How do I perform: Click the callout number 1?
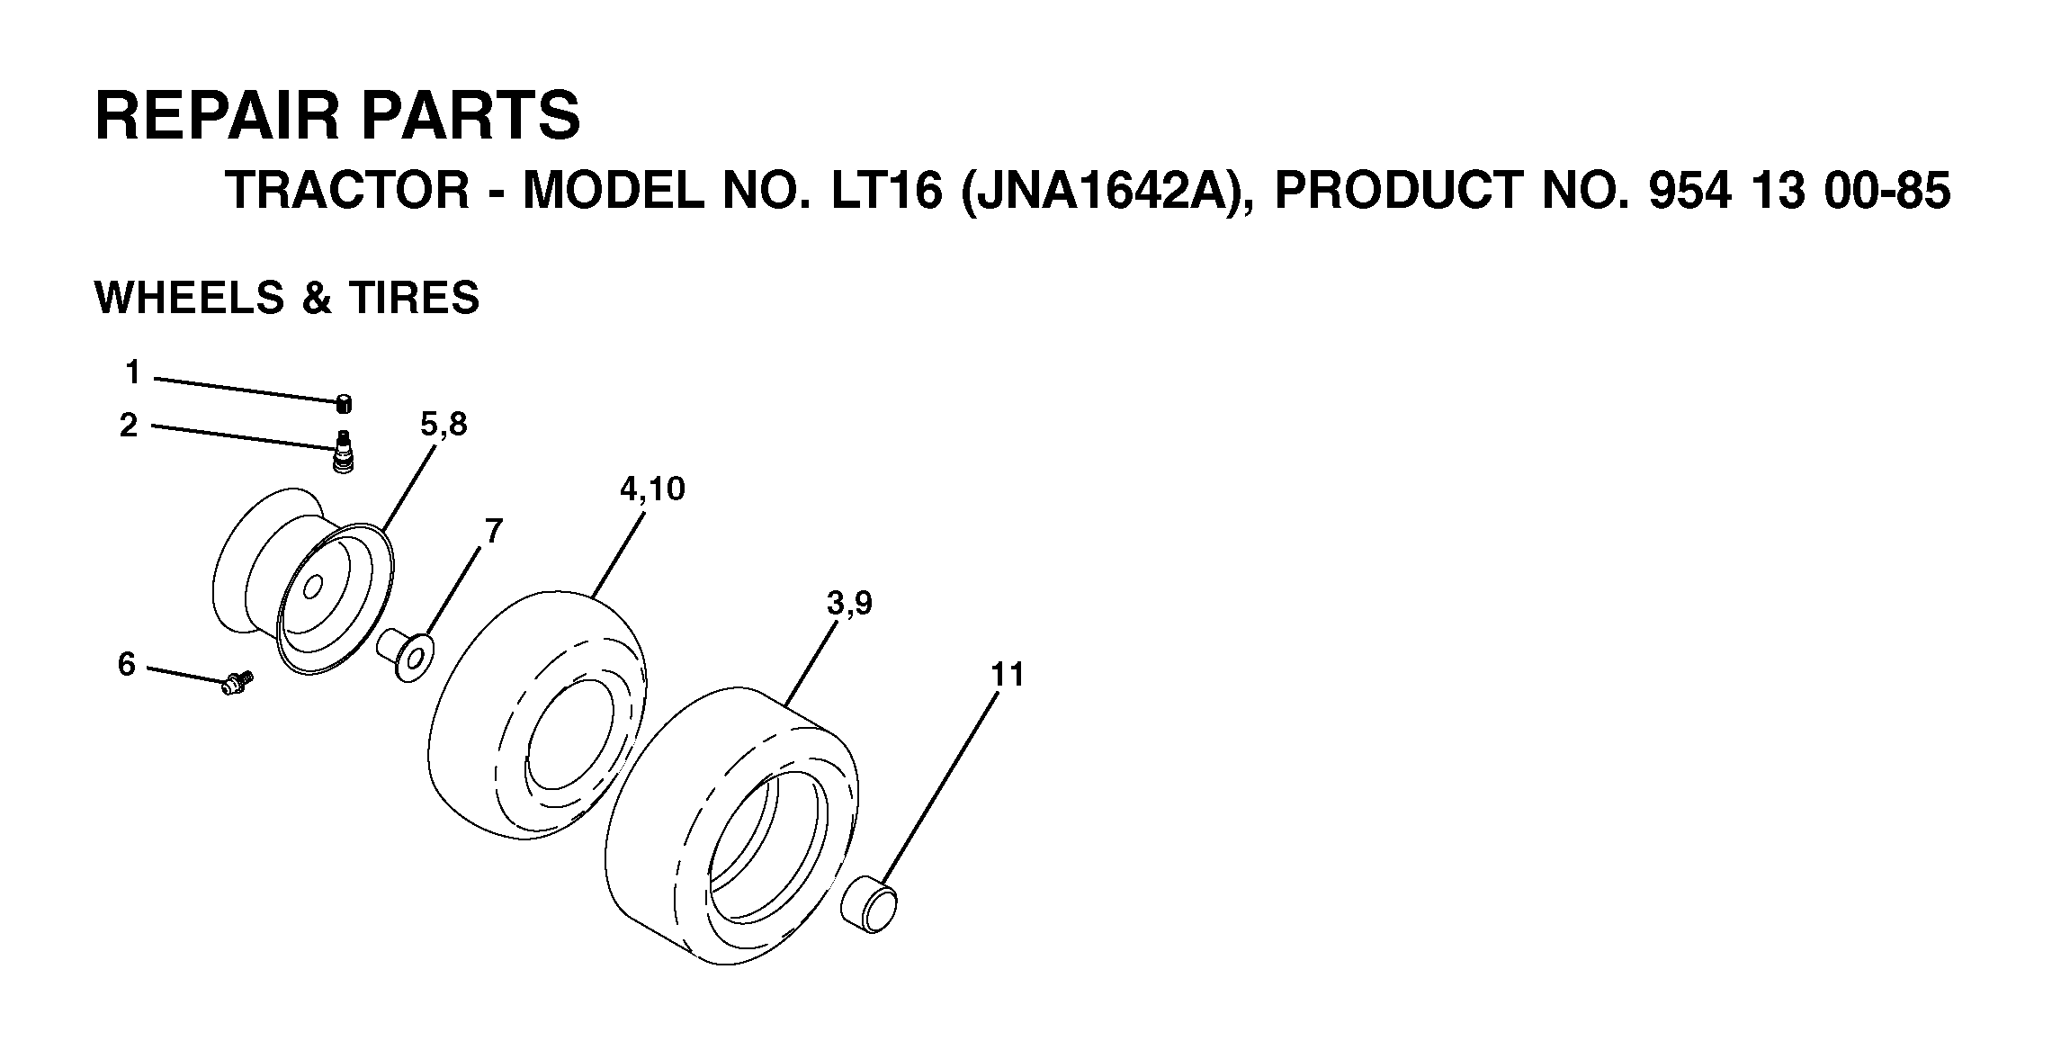point(133,372)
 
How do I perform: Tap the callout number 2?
point(130,425)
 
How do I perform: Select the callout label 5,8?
point(444,424)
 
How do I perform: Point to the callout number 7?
point(493,531)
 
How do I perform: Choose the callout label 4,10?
point(652,489)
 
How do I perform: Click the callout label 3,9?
point(849,604)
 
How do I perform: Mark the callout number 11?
point(1008,674)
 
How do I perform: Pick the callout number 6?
point(127,664)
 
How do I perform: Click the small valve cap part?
point(344,404)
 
